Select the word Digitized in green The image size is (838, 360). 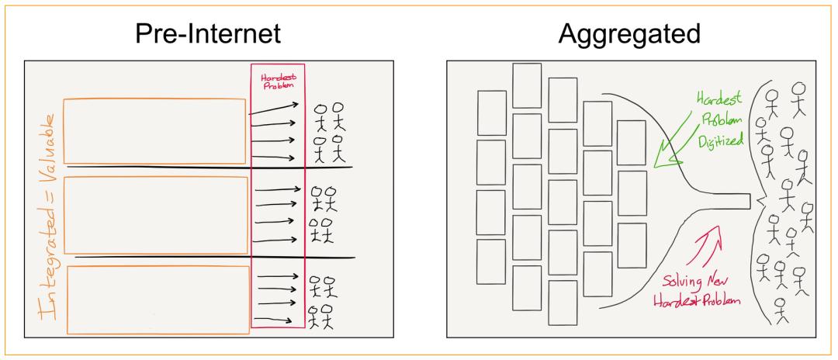point(720,141)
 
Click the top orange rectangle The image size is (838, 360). point(154,131)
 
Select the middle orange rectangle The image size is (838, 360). point(156,215)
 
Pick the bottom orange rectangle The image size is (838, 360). point(158,299)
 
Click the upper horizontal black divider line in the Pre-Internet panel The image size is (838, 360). point(209,167)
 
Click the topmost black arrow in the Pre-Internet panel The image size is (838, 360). point(274,109)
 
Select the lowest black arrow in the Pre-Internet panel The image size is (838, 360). point(274,320)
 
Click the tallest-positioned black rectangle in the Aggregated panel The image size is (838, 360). point(526,85)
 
